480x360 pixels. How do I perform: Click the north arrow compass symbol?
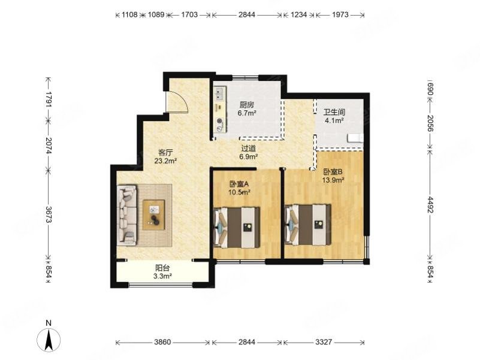tap(49, 340)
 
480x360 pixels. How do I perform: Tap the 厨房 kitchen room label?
tap(246, 105)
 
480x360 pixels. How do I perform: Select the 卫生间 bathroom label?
tap(334, 113)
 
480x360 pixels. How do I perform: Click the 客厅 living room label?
tap(165, 152)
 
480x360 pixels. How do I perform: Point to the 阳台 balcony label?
tap(162, 268)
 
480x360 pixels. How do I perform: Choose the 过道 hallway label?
tap(248, 149)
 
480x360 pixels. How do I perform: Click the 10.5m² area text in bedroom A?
tap(240, 192)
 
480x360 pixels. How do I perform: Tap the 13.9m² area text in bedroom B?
tap(333, 180)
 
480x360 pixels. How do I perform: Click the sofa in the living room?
tap(126, 215)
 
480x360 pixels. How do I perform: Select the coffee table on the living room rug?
tap(153, 214)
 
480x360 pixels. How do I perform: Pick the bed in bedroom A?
tap(237, 227)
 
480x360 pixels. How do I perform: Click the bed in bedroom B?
tap(307, 225)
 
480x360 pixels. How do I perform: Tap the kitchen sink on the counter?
tap(219, 93)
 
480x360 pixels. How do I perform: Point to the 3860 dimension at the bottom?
tap(162, 342)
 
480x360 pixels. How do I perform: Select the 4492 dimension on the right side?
tap(430, 204)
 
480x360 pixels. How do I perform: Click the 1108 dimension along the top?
tap(129, 14)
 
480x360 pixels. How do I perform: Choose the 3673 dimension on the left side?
tap(49, 214)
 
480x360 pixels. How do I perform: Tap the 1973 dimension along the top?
tap(340, 14)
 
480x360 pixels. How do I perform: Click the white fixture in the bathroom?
tap(355, 138)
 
